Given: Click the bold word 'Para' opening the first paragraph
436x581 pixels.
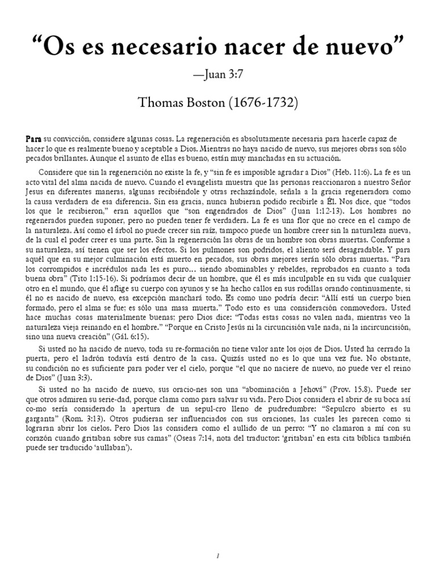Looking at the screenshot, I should point(33,138).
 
